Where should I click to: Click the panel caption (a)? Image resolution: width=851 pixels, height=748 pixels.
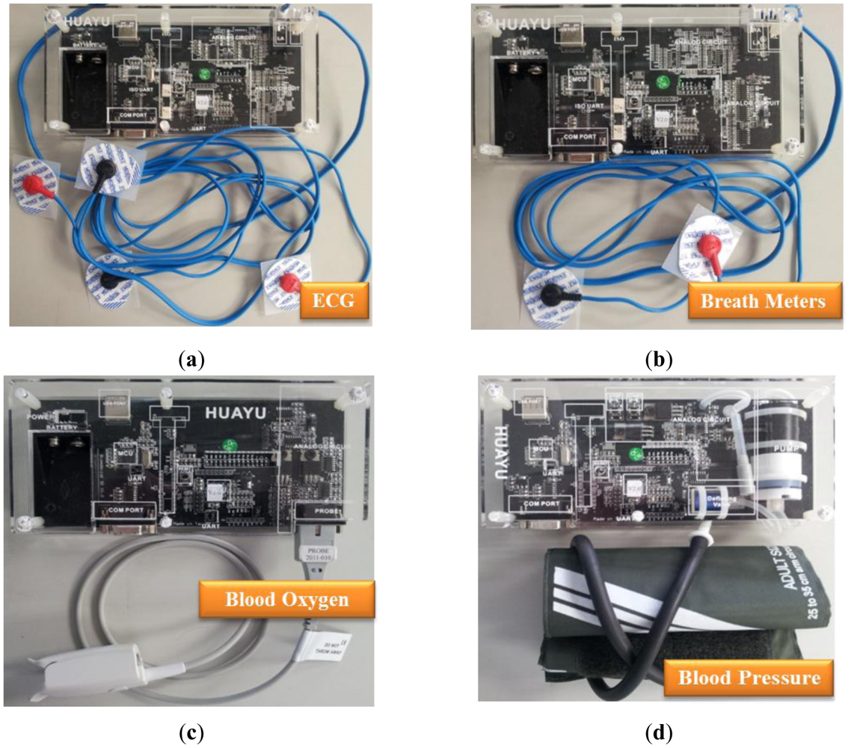(x=193, y=360)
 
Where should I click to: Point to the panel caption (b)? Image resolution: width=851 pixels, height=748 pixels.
(x=659, y=360)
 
